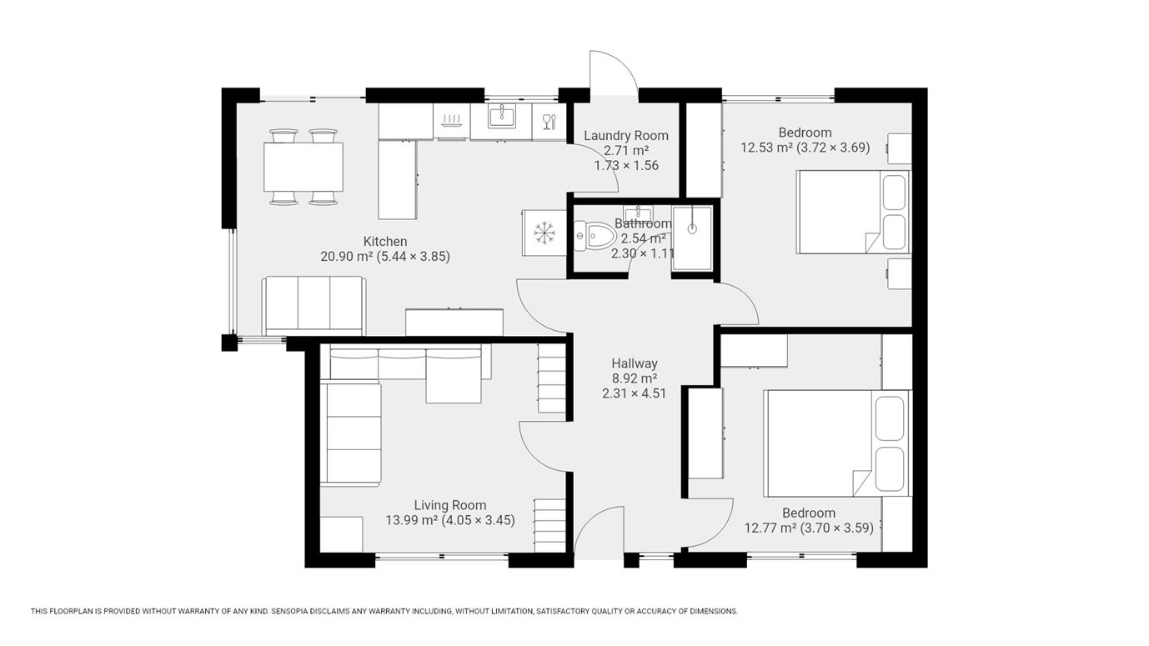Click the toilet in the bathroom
click(x=595, y=236)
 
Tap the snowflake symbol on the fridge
click(x=544, y=233)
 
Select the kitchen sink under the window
click(x=502, y=116)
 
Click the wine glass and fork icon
click(x=549, y=122)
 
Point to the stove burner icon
click(x=451, y=121)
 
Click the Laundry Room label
click(x=626, y=136)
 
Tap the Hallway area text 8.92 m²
click(x=635, y=378)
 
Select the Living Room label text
click(x=450, y=505)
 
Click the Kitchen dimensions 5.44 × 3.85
click(x=414, y=257)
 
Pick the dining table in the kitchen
click(x=304, y=168)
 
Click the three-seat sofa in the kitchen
click(x=314, y=306)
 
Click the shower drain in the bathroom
click(x=692, y=228)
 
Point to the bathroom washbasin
click(x=638, y=213)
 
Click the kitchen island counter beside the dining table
click(x=397, y=179)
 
